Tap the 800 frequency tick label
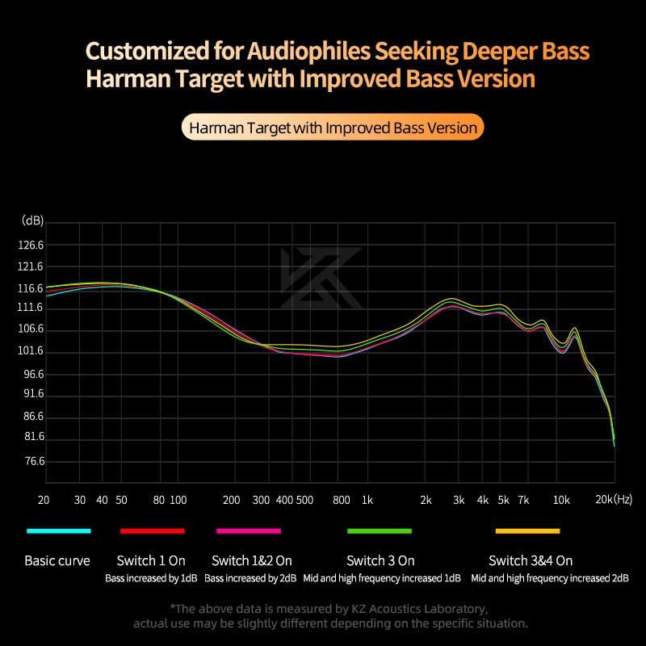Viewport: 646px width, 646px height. coord(341,501)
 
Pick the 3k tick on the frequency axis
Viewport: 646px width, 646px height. coord(459,501)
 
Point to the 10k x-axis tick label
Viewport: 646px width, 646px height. coord(561,501)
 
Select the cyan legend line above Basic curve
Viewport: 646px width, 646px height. coord(58,531)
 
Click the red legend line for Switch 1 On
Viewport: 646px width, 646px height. coord(153,531)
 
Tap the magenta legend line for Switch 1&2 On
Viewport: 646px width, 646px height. coord(249,531)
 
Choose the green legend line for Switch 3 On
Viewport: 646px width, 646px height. coord(380,531)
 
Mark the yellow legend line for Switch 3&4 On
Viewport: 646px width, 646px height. coord(527,531)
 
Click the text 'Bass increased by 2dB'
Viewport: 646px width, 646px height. coord(249,578)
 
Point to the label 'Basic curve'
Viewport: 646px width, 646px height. coord(57,560)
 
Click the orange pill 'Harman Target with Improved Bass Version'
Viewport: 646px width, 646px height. coord(333,128)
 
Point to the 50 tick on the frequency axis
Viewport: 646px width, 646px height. coord(121,501)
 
